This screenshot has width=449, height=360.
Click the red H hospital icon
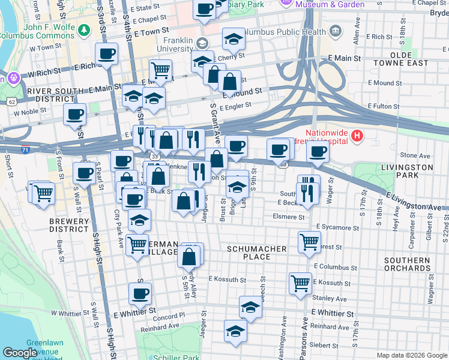[357, 136]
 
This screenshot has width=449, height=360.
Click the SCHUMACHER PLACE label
[249, 252]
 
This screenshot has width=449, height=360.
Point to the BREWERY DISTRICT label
[70, 225]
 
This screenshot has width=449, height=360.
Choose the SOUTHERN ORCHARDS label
[408, 264]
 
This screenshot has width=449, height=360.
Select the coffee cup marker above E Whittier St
[140, 293]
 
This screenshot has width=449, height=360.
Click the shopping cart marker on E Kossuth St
[300, 283]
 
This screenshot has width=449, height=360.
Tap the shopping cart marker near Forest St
[309, 242]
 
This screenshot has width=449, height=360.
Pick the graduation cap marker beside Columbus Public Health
[234, 39]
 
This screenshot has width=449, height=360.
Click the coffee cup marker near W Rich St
[107, 53]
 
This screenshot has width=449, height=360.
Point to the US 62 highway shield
[13, 102]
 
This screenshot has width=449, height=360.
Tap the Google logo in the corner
[20, 352]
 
